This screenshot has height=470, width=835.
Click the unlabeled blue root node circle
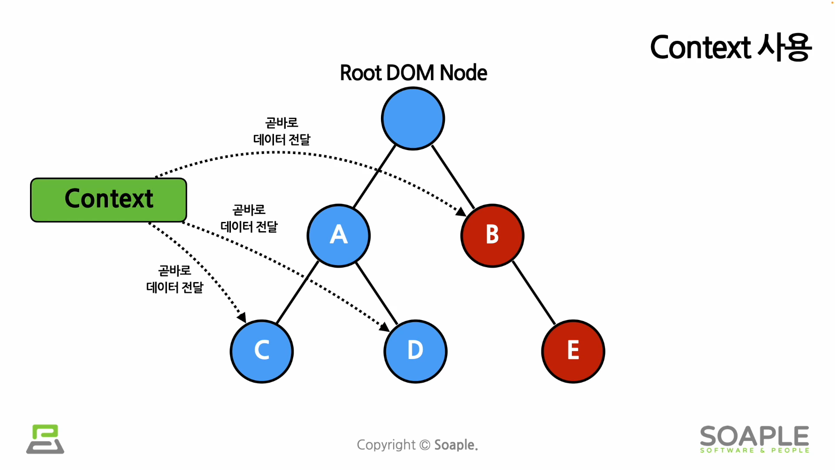[x=413, y=118]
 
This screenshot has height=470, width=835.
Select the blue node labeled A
[x=338, y=235]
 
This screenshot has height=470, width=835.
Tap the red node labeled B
[x=492, y=235]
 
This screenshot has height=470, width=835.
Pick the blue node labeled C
[x=262, y=351]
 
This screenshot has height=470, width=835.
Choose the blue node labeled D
[x=415, y=351]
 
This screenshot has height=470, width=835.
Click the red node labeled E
[x=573, y=351]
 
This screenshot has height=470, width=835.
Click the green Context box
[x=109, y=200]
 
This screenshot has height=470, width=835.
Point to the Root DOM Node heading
[x=413, y=73]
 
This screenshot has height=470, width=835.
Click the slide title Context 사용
[x=730, y=47]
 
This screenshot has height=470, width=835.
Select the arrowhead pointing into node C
[x=242, y=318]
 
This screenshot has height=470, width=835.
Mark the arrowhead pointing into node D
[x=385, y=327]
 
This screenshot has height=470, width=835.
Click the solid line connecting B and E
[x=534, y=293]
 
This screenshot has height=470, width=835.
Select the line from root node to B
[x=453, y=177]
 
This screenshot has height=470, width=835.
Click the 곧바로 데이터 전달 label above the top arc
[x=282, y=131]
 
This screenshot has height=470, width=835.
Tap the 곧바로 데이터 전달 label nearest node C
[x=174, y=279]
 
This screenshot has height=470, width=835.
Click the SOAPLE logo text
[x=755, y=436]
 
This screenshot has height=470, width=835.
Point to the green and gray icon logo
[x=45, y=439]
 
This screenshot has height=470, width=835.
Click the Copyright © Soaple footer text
[x=417, y=445]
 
